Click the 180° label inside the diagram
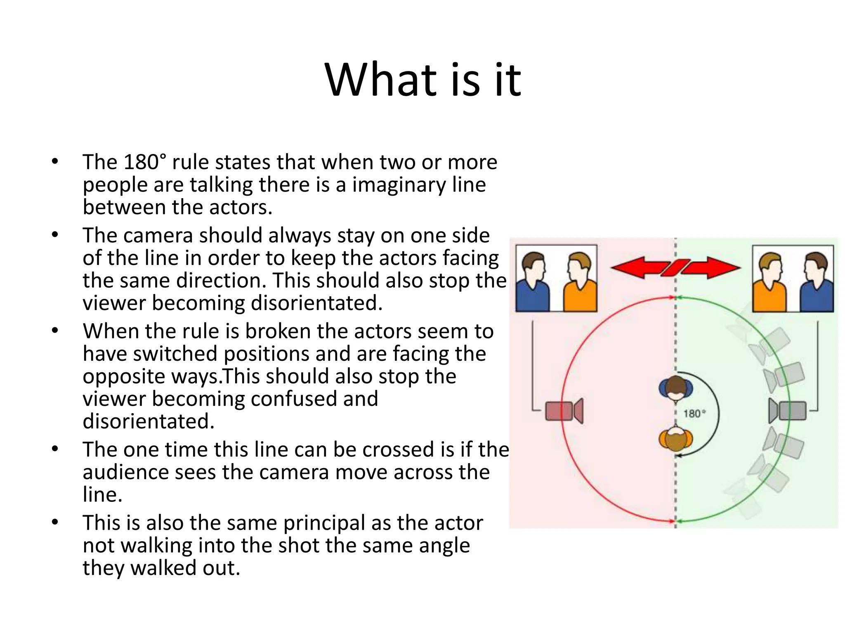click(694, 414)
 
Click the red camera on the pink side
click(564, 411)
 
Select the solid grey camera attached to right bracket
click(788, 411)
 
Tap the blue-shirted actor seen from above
click(675, 389)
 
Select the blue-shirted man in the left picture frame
click(533, 283)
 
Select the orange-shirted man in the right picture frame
click(769, 283)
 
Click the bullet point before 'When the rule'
click(55, 331)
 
